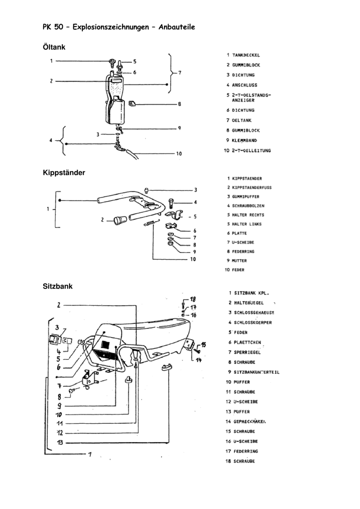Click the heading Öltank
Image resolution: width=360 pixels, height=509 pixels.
(54, 47)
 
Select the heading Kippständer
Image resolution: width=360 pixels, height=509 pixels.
(64, 173)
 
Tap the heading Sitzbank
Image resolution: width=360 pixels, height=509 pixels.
(58, 286)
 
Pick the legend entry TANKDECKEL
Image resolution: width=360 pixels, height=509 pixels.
(246, 55)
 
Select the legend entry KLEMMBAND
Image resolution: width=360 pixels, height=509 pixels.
(245, 140)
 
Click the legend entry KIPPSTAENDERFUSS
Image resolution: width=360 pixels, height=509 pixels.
(252, 187)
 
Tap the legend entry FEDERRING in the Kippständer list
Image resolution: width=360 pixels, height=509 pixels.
(243, 252)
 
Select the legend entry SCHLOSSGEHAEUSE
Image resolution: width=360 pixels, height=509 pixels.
(254, 313)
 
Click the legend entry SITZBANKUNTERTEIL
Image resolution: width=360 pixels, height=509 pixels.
(256, 372)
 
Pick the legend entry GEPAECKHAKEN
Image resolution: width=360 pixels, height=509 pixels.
(252, 422)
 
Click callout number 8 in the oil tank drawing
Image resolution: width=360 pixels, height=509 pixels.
(180, 104)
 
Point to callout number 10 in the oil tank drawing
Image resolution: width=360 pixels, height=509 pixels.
(179, 154)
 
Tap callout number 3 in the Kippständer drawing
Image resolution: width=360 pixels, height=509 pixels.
(196, 190)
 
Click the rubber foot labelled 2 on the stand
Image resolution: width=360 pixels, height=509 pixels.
(119, 220)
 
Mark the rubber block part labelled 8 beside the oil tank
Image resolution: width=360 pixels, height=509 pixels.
(132, 103)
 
